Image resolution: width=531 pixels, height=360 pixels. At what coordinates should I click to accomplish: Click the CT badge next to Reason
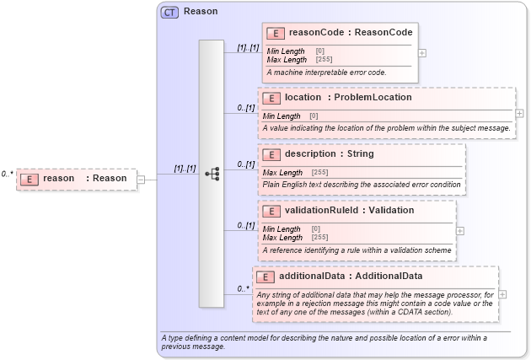[x=169, y=13]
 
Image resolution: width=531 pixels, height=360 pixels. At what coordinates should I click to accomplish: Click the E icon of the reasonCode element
[x=275, y=33]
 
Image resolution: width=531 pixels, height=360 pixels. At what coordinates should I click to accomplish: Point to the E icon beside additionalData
[x=265, y=276]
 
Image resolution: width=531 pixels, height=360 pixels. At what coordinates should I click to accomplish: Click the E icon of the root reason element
[x=29, y=179]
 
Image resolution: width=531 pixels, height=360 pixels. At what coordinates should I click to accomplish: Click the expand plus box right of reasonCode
[x=422, y=52]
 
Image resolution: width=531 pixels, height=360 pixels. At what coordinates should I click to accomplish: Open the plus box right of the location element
[x=519, y=113]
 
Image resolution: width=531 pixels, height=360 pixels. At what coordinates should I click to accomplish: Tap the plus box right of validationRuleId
[x=459, y=230]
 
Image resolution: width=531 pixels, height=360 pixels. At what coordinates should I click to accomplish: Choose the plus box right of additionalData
[x=502, y=294]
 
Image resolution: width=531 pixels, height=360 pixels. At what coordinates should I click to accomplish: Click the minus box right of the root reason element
[x=141, y=179]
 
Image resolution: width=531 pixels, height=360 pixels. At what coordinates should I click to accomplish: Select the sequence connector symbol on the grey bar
[x=212, y=174]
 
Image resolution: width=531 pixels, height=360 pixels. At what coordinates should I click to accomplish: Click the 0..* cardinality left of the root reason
[x=8, y=174]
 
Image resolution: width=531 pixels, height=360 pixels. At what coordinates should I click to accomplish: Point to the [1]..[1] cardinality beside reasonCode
[x=247, y=47]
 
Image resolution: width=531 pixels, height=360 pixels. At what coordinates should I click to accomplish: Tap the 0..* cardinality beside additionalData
[x=243, y=288]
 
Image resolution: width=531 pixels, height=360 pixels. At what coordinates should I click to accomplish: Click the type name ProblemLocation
[x=373, y=97]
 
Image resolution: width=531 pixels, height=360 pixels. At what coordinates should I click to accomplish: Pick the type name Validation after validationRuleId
[x=390, y=210]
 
